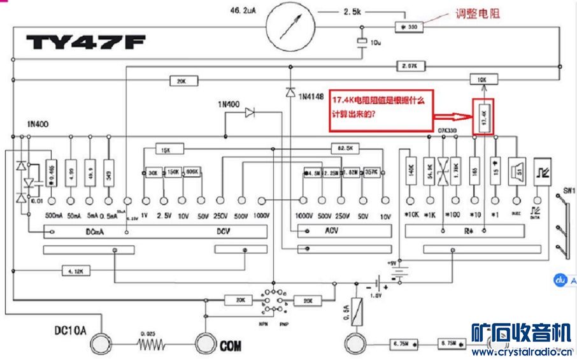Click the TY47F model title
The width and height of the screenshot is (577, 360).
(85, 43)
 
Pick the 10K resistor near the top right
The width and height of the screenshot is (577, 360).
(482, 80)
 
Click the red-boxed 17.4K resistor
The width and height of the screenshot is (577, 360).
(483, 116)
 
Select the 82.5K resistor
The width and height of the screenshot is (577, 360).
(345, 148)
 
